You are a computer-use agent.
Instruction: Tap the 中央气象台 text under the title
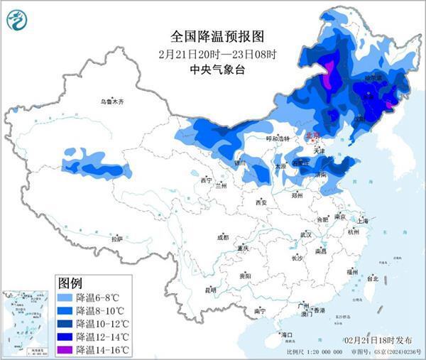pyautogui.click(x=213, y=69)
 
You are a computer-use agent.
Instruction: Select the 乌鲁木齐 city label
pyautogui.click(x=111, y=102)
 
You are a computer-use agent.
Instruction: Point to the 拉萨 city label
pyautogui.click(x=116, y=239)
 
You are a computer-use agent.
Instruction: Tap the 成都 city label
pyautogui.click(x=223, y=237)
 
